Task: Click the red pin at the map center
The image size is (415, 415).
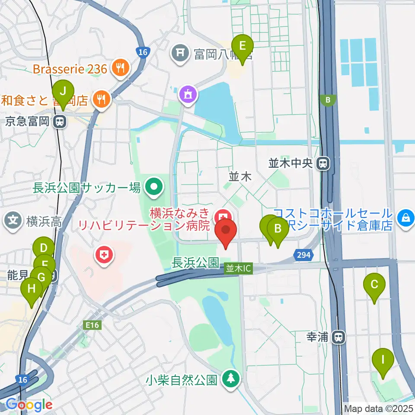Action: [x=226, y=230]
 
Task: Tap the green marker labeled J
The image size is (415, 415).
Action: [x=63, y=92]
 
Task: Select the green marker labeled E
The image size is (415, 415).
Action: [x=243, y=45]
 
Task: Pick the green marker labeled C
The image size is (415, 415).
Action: [x=374, y=284]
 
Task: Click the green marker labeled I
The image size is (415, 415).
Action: [x=383, y=360]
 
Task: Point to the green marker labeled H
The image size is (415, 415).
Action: [x=32, y=288]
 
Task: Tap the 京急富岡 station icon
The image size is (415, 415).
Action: [x=60, y=122]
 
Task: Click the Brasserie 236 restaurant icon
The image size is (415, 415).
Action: [x=118, y=67]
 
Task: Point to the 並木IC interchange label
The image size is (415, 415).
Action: [x=238, y=268]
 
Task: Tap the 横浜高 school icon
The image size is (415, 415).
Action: [x=14, y=221]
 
